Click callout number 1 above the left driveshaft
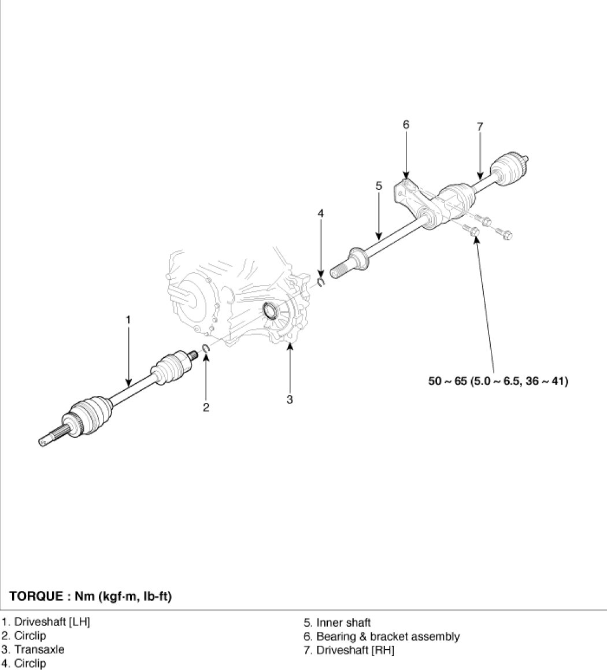point(128,319)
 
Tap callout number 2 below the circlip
point(206,407)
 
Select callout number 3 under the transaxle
point(290,399)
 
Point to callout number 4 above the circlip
point(320,213)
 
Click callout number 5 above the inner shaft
point(379,186)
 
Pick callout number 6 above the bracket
point(406,124)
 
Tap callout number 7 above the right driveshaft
point(480,127)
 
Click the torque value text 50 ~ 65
point(447,381)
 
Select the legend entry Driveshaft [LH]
point(46,621)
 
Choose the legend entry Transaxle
point(33,650)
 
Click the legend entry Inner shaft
point(337,623)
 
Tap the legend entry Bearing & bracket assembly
point(382,636)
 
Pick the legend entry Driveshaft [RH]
point(349,650)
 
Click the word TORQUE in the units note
point(35,596)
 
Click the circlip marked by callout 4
point(321,282)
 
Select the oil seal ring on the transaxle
point(271,310)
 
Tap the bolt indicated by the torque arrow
point(472,232)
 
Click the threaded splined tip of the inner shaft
point(338,271)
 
